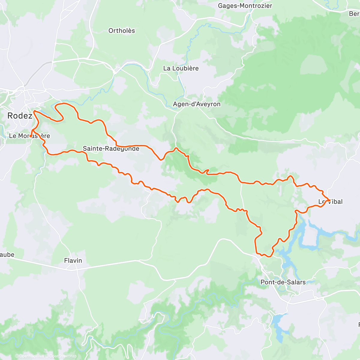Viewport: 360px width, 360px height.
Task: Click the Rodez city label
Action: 19,116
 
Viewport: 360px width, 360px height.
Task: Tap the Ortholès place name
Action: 121,31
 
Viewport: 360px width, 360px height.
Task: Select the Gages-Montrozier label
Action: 245,6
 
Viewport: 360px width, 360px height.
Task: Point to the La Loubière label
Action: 181,68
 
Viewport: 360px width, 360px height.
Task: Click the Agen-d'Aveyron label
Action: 196,104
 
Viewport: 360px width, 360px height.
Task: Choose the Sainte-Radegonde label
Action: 111,148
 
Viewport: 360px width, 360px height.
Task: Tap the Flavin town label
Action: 73,260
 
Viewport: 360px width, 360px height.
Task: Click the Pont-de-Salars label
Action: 283,282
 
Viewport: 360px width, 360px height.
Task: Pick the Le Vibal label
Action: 330,202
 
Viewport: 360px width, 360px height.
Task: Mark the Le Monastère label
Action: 29,136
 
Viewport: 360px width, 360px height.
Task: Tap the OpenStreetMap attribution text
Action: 63,356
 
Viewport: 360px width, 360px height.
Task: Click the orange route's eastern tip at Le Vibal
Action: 329,200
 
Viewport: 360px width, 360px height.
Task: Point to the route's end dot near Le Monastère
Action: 31,136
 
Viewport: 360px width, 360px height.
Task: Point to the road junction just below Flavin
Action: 72,270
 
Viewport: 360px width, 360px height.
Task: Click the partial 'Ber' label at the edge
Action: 354,14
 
